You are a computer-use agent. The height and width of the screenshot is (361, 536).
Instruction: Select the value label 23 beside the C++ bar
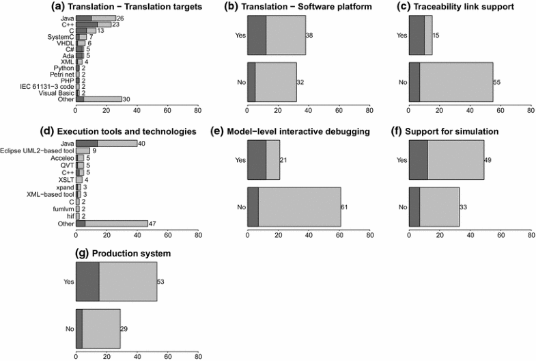click(x=116, y=24)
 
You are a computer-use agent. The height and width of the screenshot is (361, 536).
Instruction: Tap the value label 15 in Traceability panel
click(x=437, y=33)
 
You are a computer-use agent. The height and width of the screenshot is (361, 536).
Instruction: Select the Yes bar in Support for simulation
click(x=446, y=160)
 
